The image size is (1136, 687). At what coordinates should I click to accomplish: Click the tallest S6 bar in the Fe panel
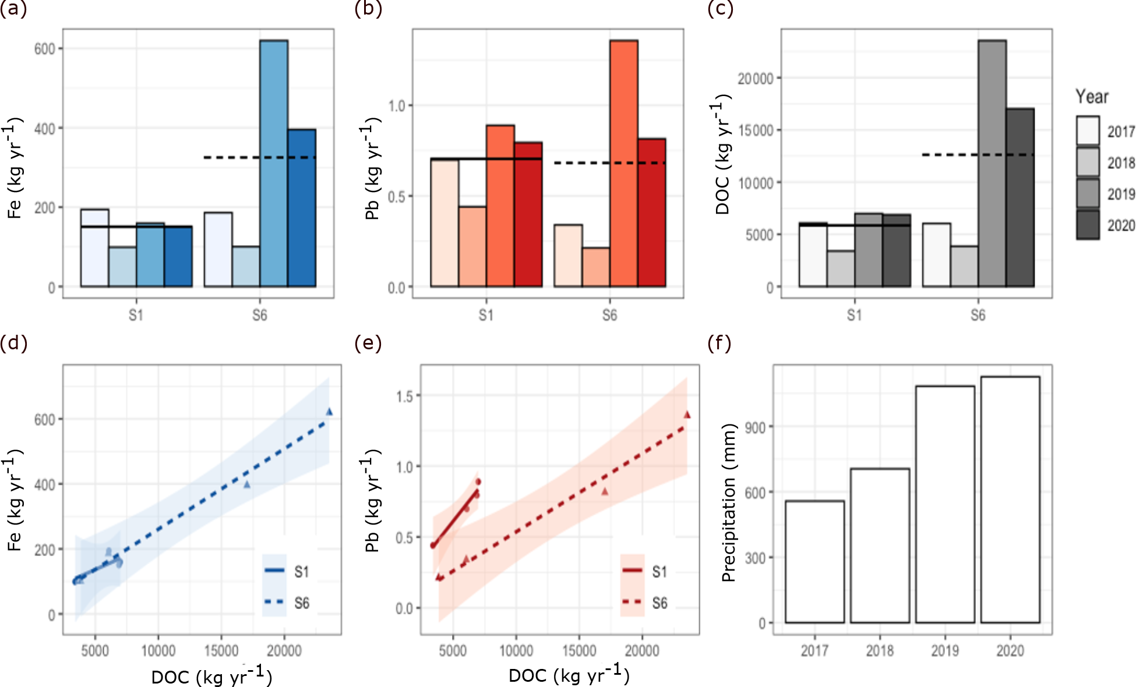point(274,163)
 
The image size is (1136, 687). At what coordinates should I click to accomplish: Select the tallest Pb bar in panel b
point(624,163)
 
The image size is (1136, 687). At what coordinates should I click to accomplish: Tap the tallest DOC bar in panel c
point(992,163)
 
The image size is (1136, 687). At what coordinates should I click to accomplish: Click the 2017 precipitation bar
point(814,562)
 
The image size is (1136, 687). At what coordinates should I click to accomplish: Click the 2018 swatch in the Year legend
point(1088,162)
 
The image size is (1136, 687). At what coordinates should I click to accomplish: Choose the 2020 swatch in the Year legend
point(1088,225)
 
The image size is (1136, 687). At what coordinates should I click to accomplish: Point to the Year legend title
point(1092,97)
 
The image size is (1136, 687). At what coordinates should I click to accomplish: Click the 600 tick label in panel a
point(45,49)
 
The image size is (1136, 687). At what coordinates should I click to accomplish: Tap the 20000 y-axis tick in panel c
point(756,79)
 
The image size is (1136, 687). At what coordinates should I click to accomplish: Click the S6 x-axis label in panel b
point(609,316)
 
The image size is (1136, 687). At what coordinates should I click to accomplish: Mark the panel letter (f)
point(719,343)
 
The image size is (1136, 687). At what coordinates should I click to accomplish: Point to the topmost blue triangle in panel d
point(329,412)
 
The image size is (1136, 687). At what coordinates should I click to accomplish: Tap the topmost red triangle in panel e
point(687,415)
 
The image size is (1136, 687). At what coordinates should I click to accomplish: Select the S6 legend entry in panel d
point(301,603)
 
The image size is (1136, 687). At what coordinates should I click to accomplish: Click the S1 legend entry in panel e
point(659,572)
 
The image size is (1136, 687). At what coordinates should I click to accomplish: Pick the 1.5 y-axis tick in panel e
point(404,396)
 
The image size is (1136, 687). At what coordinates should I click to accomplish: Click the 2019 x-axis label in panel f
point(945,650)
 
